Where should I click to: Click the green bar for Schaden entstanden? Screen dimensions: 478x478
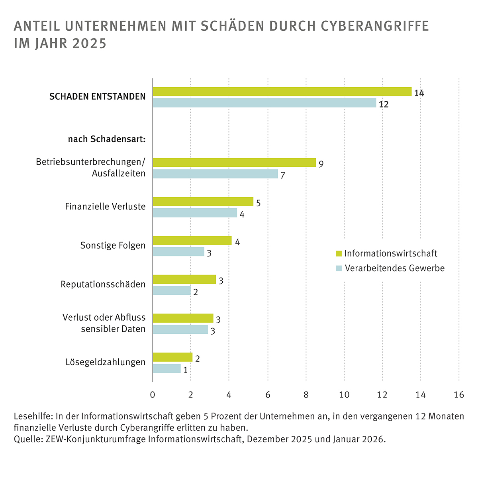(x=282, y=92)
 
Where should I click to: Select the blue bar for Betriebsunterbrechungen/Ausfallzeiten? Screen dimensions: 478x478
(x=215, y=174)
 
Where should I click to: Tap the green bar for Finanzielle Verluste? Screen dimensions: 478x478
(x=203, y=202)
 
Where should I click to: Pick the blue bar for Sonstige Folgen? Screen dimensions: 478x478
(x=178, y=252)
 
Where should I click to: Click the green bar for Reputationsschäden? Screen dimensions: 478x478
(x=184, y=279)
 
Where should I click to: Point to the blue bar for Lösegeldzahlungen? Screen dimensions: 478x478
(x=167, y=368)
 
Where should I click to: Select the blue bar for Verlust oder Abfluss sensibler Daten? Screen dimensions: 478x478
(x=180, y=329)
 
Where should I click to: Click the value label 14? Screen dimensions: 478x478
(x=419, y=93)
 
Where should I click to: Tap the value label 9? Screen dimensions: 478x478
(x=321, y=164)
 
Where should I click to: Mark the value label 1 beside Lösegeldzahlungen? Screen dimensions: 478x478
(x=185, y=370)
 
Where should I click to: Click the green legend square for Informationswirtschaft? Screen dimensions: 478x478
(x=339, y=253)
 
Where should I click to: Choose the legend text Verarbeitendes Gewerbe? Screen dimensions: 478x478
(x=394, y=268)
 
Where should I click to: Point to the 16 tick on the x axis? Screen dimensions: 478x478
(x=459, y=394)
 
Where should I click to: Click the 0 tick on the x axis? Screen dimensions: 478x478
(x=153, y=394)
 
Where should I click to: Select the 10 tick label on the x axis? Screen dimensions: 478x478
(x=344, y=394)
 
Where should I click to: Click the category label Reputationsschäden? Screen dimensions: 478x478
(x=103, y=284)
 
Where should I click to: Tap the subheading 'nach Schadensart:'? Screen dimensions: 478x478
(x=107, y=139)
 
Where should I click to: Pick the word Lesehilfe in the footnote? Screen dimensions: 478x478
(x=33, y=417)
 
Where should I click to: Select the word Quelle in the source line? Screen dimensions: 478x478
(x=26, y=440)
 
